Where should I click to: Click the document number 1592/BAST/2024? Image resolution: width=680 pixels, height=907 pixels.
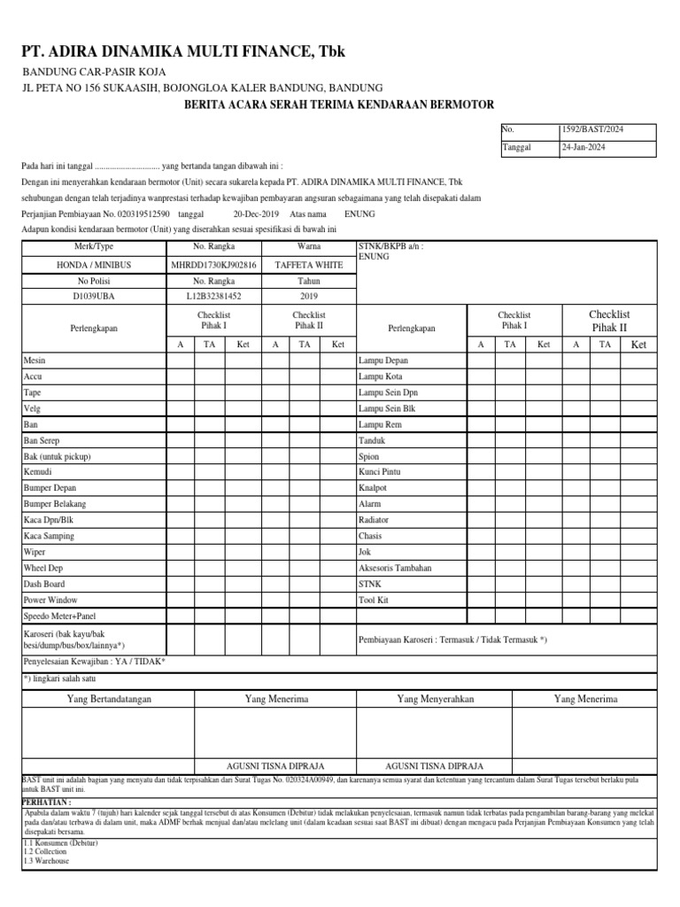[x=591, y=129]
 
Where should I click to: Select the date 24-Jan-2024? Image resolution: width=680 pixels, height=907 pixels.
[x=585, y=148]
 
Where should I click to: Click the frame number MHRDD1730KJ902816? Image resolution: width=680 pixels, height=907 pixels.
[x=213, y=264]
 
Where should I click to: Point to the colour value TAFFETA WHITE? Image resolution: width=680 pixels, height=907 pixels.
[x=309, y=264]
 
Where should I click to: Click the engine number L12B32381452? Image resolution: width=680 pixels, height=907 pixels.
[x=213, y=296]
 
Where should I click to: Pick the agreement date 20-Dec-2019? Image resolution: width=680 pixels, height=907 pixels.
[x=257, y=214]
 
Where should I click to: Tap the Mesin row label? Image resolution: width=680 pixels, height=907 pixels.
[x=35, y=360]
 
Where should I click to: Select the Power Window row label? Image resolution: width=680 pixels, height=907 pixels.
[x=50, y=600]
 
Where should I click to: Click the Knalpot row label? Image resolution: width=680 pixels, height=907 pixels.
[x=372, y=488]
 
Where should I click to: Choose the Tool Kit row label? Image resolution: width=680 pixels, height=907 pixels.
[x=373, y=600]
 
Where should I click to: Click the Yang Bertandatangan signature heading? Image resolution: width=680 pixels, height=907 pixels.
[x=110, y=699]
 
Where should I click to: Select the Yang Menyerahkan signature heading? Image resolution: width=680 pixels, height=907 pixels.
[x=436, y=699]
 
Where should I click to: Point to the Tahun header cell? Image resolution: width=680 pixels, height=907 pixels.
[x=309, y=280]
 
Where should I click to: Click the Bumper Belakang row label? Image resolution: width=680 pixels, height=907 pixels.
[x=55, y=504]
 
